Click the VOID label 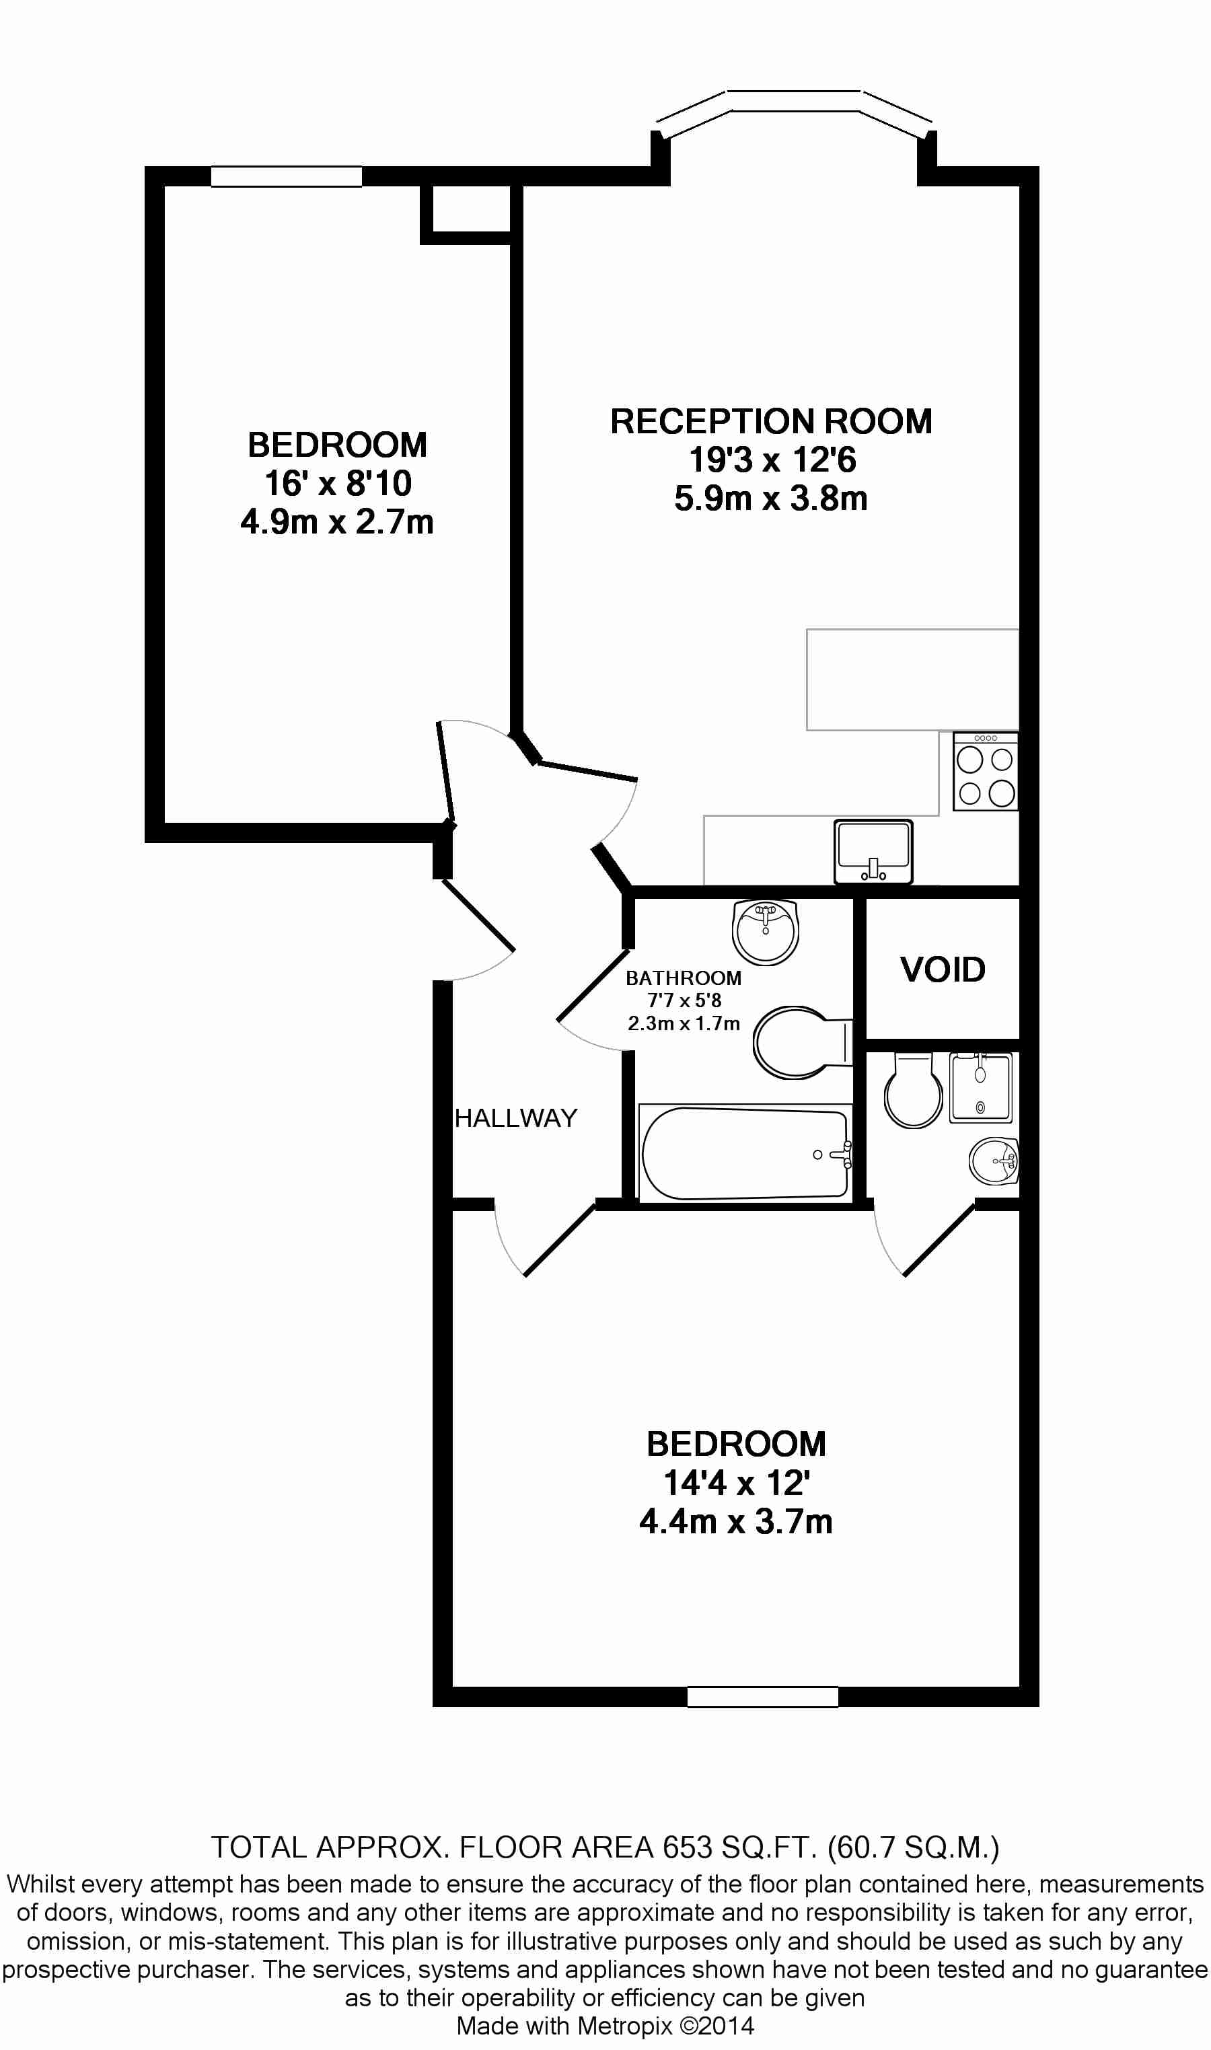click(x=943, y=969)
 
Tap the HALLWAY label click(x=516, y=1118)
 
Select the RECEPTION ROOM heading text click(x=771, y=421)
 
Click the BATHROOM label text click(x=684, y=978)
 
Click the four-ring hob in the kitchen click(x=986, y=771)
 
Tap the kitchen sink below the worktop click(x=873, y=851)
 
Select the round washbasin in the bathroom click(x=765, y=931)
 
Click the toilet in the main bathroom click(x=802, y=1042)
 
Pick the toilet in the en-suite click(x=914, y=1089)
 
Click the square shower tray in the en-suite click(x=981, y=1087)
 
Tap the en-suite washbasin click(x=994, y=1161)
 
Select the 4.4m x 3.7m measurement click(x=736, y=1521)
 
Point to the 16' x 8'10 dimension click(x=338, y=483)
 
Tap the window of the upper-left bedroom click(x=287, y=176)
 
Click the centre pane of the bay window click(x=794, y=101)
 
